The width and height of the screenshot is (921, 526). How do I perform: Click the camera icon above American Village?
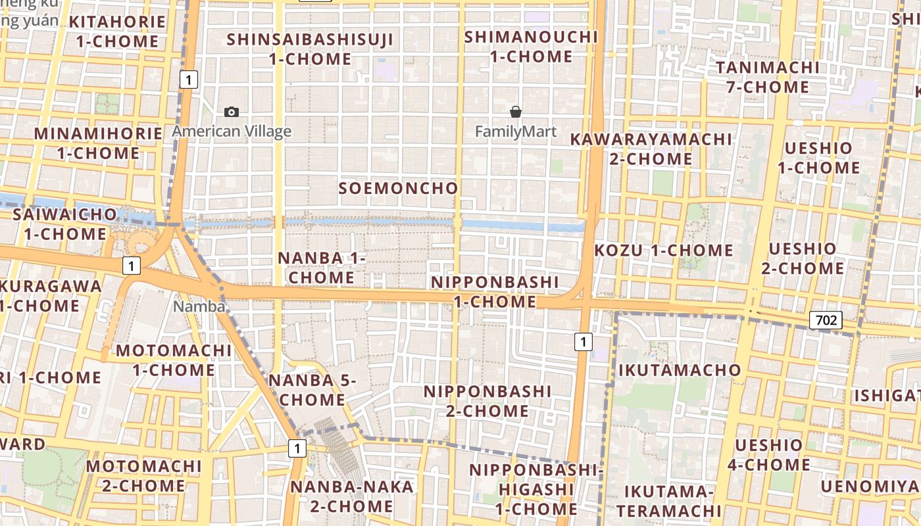232,112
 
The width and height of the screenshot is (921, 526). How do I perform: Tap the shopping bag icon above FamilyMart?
516,112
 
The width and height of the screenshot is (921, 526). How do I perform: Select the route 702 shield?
826,320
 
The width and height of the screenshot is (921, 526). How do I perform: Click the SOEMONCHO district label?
398,188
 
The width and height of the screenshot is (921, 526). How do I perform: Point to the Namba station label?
199,306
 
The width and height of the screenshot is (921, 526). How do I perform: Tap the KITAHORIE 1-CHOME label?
117,32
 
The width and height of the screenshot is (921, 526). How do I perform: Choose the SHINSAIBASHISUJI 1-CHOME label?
310,49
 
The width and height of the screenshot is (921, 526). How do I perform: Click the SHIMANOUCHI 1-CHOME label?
531,47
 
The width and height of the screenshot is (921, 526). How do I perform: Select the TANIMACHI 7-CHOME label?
768,77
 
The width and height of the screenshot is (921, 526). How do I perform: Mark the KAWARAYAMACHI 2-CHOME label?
651,149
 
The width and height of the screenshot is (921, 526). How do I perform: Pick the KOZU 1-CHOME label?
663,251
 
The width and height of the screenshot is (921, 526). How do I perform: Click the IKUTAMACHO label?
680,370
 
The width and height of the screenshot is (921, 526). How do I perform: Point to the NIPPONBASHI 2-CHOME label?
487,401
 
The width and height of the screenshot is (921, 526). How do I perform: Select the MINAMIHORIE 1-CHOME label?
98,143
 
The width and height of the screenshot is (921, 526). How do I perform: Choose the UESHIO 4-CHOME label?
768,455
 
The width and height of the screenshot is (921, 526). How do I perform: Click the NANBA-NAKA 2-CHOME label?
352,496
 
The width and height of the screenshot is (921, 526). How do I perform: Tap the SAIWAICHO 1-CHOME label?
65,224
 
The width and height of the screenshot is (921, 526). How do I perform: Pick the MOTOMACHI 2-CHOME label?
143,476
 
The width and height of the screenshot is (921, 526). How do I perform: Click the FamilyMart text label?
516,131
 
